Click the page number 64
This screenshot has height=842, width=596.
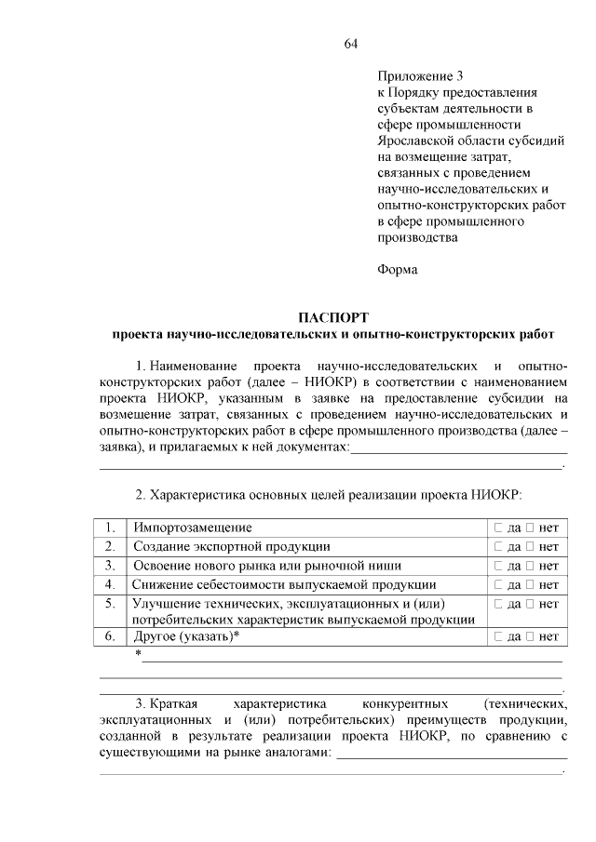[351, 44]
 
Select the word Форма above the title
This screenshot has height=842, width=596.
[398, 270]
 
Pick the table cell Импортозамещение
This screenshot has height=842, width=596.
[192, 528]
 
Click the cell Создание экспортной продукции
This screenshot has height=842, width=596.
[231, 546]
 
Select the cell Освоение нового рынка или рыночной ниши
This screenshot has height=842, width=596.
[267, 565]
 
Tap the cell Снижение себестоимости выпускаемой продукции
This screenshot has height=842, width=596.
[284, 583]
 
